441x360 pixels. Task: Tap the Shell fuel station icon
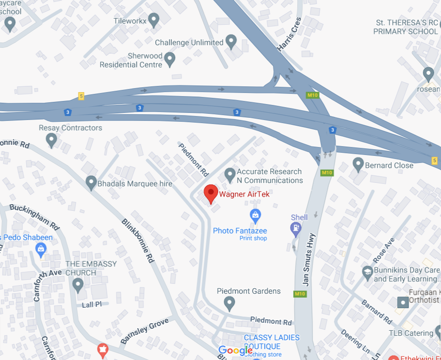click(x=295, y=228)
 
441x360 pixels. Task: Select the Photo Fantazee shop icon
click(x=255, y=216)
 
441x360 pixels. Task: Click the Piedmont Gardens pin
click(x=229, y=303)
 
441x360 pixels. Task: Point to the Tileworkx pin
click(x=153, y=20)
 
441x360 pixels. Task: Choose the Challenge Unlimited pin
click(x=231, y=42)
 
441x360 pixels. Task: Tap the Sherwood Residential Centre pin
click(x=169, y=58)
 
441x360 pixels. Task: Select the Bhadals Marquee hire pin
click(x=91, y=182)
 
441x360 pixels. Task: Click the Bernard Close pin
click(x=358, y=164)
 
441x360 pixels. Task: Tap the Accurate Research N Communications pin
click(x=230, y=175)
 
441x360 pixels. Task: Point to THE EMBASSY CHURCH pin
click(x=78, y=285)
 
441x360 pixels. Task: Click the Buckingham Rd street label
click(x=35, y=216)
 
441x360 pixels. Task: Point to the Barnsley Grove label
click(x=145, y=330)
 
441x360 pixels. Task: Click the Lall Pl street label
click(x=92, y=305)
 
